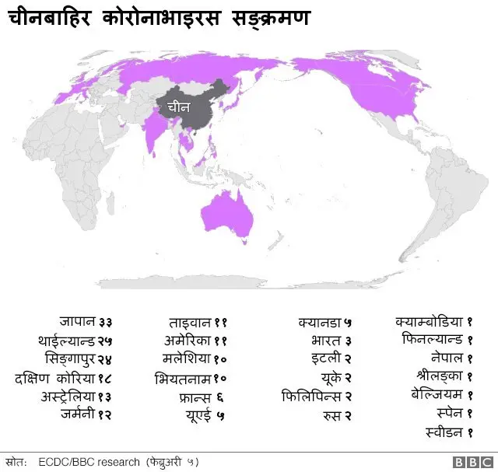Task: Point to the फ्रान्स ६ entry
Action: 201,397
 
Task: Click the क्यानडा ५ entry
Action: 325,321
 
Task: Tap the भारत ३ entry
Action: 331,341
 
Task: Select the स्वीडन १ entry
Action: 450,432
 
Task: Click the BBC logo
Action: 470,462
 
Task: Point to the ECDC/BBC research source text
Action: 89,462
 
